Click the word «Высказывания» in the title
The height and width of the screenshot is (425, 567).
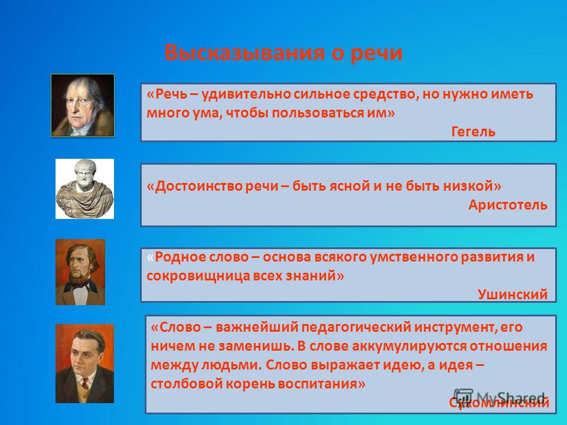pyautogui.click(x=245, y=53)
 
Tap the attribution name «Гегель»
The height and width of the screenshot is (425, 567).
pyautogui.click(x=473, y=132)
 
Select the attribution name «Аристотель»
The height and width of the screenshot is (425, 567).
pyautogui.click(x=508, y=205)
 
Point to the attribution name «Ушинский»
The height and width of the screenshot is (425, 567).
pyautogui.click(x=513, y=295)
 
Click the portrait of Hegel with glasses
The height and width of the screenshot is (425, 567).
pyautogui.click(x=83, y=105)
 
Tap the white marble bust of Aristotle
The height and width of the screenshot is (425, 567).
pyautogui.click(x=84, y=189)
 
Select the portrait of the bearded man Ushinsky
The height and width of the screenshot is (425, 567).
pyautogui.click(x=80, y=272)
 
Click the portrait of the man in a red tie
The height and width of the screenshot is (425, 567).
pyautogui.click(x=84, y=364)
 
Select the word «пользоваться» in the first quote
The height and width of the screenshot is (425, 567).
pyautogui.click(x=317, y=113)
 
